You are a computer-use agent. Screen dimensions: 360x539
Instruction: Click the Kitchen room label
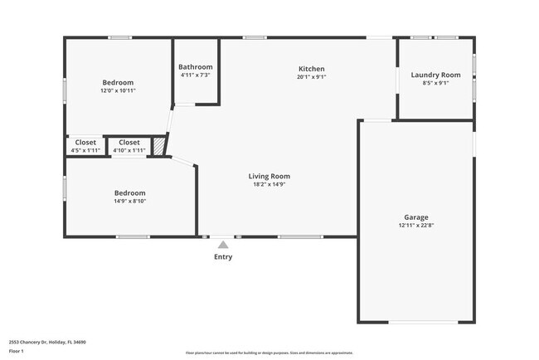point(311,69)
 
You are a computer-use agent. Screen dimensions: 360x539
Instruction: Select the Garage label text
point(416,217)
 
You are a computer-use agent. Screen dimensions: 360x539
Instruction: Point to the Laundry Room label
point(435,75)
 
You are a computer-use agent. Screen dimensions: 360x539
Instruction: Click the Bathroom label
point(196,67)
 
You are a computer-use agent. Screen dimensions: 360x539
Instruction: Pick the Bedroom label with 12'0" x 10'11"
point(118,82)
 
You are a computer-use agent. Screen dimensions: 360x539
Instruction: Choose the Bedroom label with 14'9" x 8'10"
point(129,192)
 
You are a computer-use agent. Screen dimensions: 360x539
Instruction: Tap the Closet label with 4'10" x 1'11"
point(129,142)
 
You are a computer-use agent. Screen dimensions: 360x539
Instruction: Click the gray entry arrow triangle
point(223,245)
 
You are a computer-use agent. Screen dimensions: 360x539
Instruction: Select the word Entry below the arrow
point(223,257)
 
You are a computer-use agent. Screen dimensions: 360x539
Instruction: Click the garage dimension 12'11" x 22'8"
point(416,226)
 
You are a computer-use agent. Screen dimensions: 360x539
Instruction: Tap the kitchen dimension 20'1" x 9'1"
point(311,77)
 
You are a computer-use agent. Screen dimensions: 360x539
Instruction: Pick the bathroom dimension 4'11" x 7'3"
point(196,75)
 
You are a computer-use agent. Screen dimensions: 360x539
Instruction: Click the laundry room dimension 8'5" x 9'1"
point(435,83)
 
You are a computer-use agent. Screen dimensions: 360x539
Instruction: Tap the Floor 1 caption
point(17,351)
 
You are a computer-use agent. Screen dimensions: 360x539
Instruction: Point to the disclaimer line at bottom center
point(269,353)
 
